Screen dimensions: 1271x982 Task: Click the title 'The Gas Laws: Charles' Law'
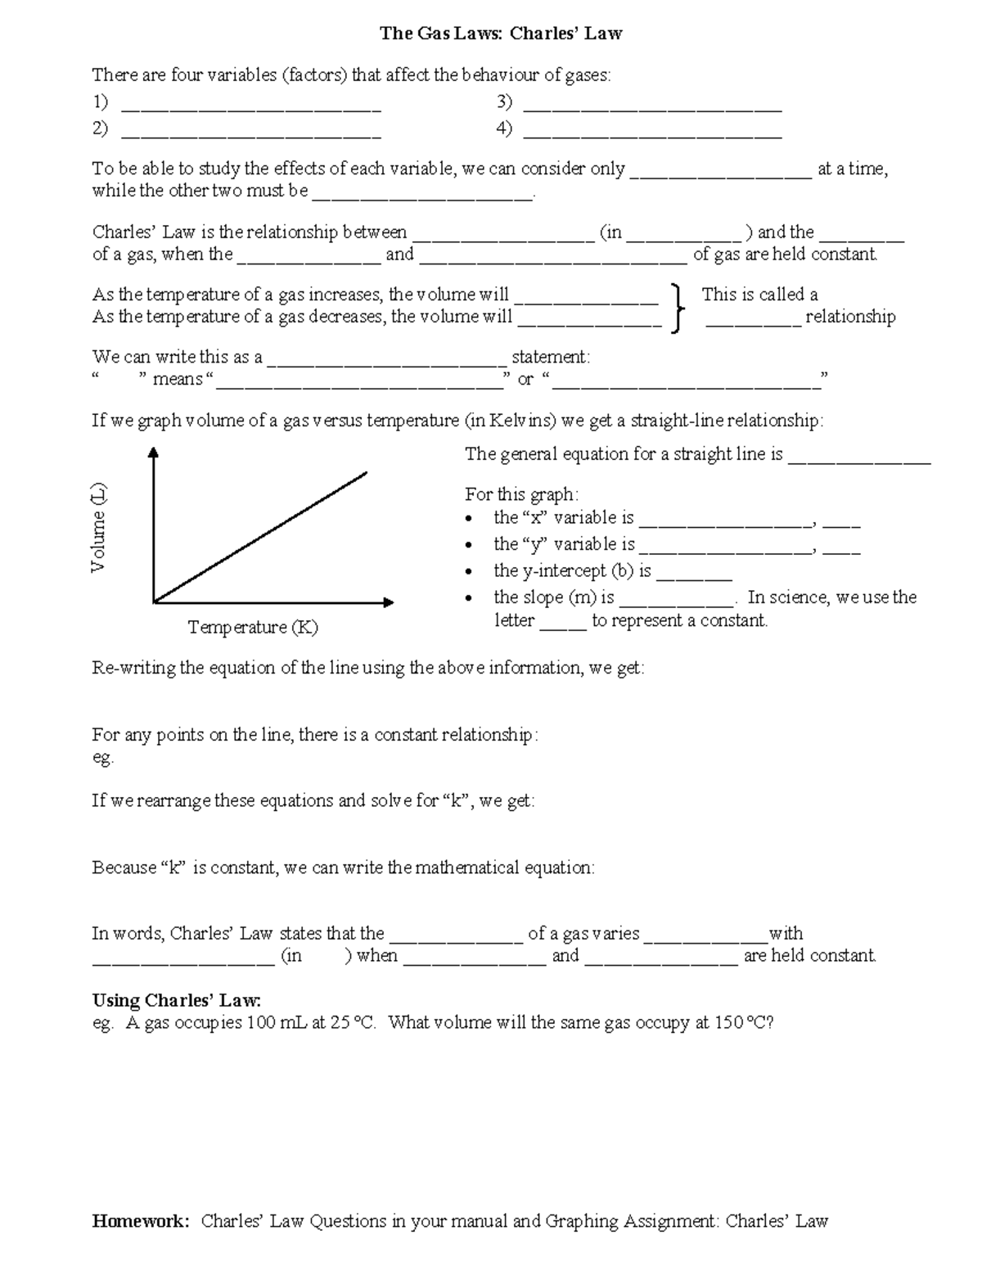501,34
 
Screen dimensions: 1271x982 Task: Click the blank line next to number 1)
250,106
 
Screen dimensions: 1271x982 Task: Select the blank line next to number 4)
652,133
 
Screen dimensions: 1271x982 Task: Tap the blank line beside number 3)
652,106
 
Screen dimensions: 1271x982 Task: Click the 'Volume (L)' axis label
98,528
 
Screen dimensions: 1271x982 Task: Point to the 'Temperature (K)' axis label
253,627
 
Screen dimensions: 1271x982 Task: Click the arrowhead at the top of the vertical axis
153,453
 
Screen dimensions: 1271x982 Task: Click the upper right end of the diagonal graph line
365,472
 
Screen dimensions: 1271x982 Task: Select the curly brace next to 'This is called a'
677,308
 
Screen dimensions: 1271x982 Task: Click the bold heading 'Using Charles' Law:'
177,1000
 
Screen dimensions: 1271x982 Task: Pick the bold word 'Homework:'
141,1221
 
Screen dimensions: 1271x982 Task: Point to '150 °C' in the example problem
739,1023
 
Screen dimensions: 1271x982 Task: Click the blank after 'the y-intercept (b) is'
694,576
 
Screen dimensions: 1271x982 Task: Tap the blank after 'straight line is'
858,461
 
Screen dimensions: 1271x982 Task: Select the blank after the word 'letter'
563,627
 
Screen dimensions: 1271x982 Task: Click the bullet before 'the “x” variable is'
468,519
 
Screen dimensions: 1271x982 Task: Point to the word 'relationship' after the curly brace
850,317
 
